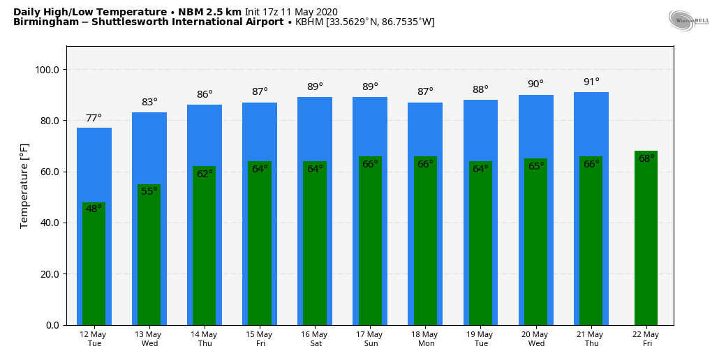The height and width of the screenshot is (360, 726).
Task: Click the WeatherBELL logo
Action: pyautogui.click(x=688, y=20)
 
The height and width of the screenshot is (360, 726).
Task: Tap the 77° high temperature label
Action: pyautogui.click(x=94, y=118)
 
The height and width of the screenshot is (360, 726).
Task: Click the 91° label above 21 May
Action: pyautogui.click(x=591, y=82)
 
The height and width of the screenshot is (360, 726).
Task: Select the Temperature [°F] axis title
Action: pyautogui.click(x=24, y=186)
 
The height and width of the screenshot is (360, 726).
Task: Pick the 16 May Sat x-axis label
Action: pyautogui.click(x=315, y=338)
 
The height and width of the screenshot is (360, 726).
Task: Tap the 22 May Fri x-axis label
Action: pyautogui.click(x=646, y=338)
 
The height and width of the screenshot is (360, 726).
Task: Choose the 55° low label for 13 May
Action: pyautogui.click(x=149, y=191)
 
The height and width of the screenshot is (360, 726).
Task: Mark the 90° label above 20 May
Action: pyautogui.click(x=535, y=84)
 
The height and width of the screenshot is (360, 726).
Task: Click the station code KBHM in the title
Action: pyautogui.click(x=309, y=22)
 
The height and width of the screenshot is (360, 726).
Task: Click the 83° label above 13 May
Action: pyautogui.click(x=149, y=102)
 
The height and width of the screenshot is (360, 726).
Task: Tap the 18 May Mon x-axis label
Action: pyautogui.click(x=425, y=338)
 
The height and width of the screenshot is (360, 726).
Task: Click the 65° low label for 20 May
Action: pyautogui.click(x=535, y=166)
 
